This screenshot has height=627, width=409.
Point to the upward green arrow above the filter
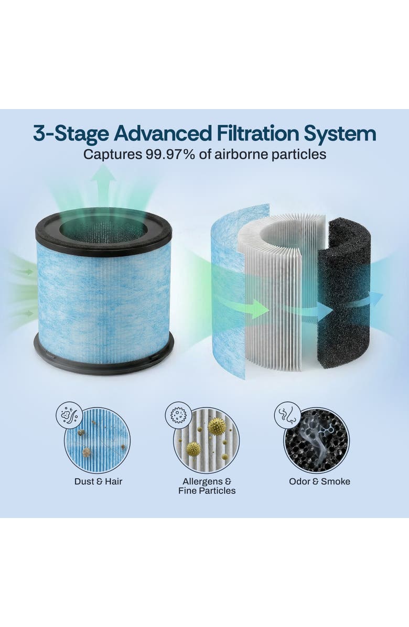point(103,181)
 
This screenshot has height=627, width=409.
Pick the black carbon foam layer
point(343,294)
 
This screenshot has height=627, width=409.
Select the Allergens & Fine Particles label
point(207,486)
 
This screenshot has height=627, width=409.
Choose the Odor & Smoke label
point(319,481)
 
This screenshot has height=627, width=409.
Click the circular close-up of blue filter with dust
point(98,440)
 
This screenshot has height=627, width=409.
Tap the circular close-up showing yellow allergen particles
point(207,440)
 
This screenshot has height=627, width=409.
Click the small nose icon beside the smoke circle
point(287,415)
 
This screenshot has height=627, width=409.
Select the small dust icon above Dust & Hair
point(69,415)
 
